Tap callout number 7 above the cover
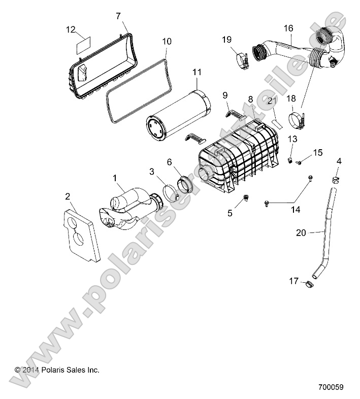118,16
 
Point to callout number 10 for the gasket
166,41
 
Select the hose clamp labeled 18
295,122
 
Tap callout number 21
272,101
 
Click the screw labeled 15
299,162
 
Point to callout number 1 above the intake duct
115,178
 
